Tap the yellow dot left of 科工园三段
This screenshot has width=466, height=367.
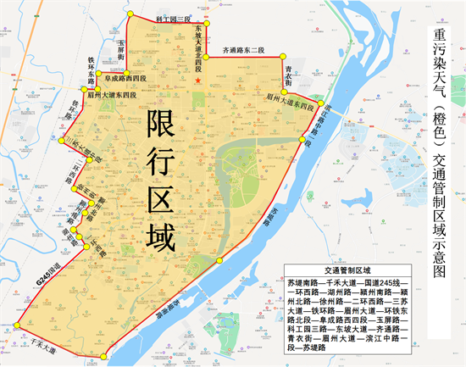[130, 14]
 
